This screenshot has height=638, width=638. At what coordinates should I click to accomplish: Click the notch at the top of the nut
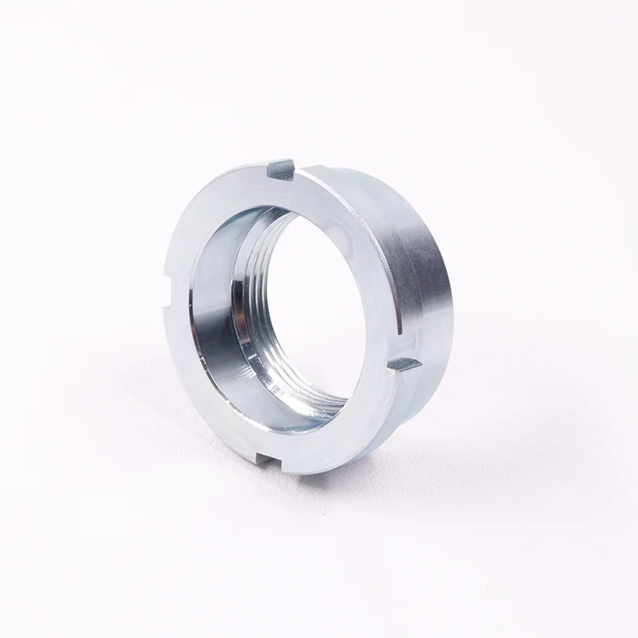[281, 168]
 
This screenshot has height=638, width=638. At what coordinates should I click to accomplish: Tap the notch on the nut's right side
[404, 363]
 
